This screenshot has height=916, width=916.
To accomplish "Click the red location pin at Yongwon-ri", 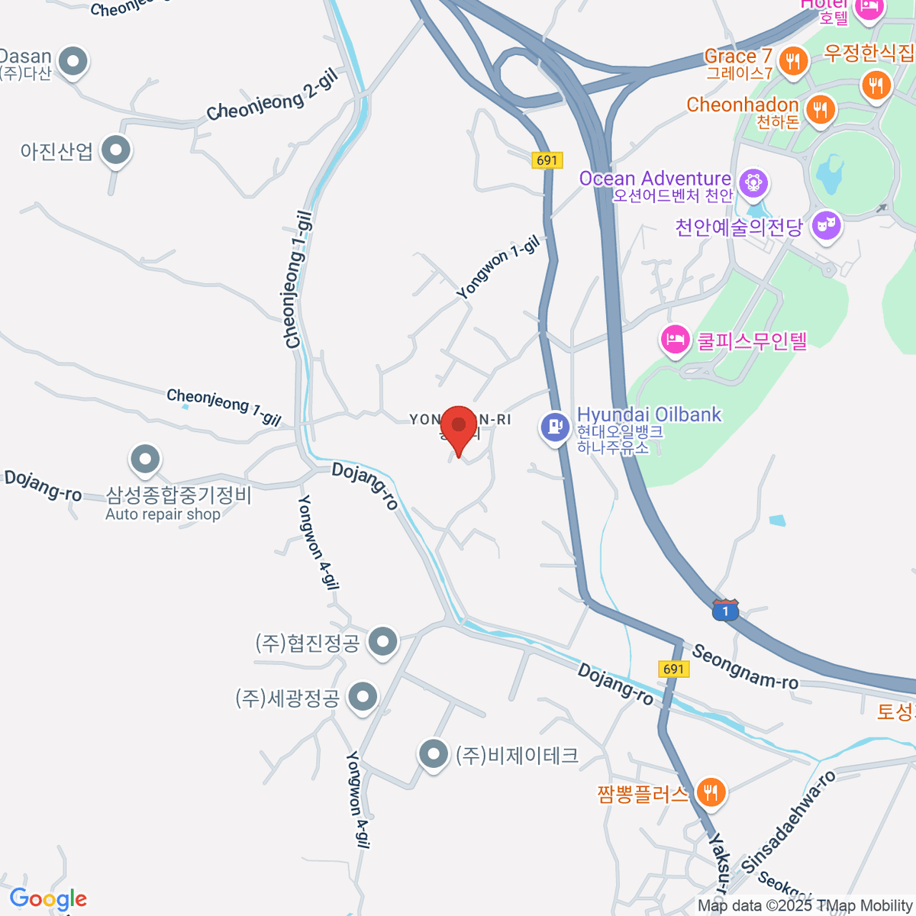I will (459, 426).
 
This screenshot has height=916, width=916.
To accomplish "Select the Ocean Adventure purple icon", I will (753, 182).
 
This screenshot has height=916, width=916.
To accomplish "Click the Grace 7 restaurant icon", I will (794, 60).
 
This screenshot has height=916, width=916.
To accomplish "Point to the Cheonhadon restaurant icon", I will (820, 108).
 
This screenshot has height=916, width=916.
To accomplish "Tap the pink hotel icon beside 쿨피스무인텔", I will (675, 340).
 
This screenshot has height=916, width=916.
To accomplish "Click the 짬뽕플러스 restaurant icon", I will (711, 792).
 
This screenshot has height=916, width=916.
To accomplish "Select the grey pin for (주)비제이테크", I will (434, 754).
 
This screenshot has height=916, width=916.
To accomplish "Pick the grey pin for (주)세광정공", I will (363, 696).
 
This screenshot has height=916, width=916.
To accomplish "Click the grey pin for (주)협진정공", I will (382, 641).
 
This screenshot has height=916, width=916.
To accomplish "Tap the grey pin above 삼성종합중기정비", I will (145, 459).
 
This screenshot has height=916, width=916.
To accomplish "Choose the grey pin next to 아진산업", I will (116, 150).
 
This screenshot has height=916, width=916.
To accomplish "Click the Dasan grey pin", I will (73, 61).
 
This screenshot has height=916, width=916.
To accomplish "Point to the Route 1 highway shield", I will (725, 611).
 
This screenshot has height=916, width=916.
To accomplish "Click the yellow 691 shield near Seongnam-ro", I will (673, 669).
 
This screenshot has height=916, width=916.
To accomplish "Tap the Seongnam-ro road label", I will (744, 666).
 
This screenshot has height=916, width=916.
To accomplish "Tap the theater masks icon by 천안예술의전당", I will (826, 226).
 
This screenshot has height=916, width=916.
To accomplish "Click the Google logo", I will (48, 899).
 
